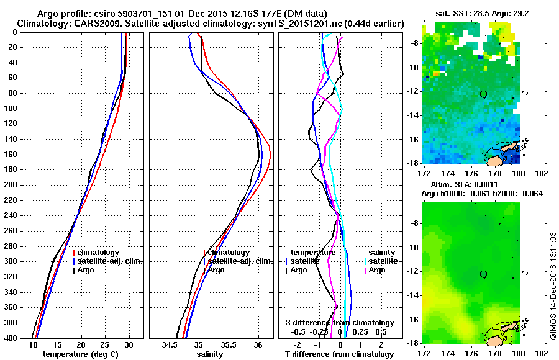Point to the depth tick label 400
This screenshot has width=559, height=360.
coord(12,338)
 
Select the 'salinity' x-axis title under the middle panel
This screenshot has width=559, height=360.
coord(211,354)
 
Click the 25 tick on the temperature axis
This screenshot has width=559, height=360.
coord(105,344)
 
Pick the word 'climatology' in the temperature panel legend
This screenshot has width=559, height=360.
coord(99,253)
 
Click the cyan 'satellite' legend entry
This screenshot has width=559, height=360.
coord(379,261)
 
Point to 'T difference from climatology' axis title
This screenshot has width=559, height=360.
coord(339,354)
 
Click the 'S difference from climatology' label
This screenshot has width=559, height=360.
coord(340,323)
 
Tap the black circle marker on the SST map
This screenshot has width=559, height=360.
coord(483,94)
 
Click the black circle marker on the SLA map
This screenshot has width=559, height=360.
coord(483,274)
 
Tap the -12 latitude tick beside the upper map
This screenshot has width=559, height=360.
coord(411,91)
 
